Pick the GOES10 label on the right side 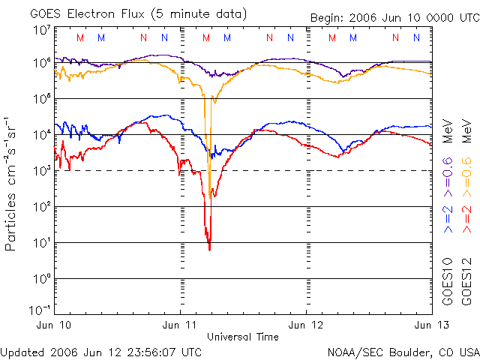pos(448,284)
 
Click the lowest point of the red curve pos(209,249)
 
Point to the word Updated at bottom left pos(21,352)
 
